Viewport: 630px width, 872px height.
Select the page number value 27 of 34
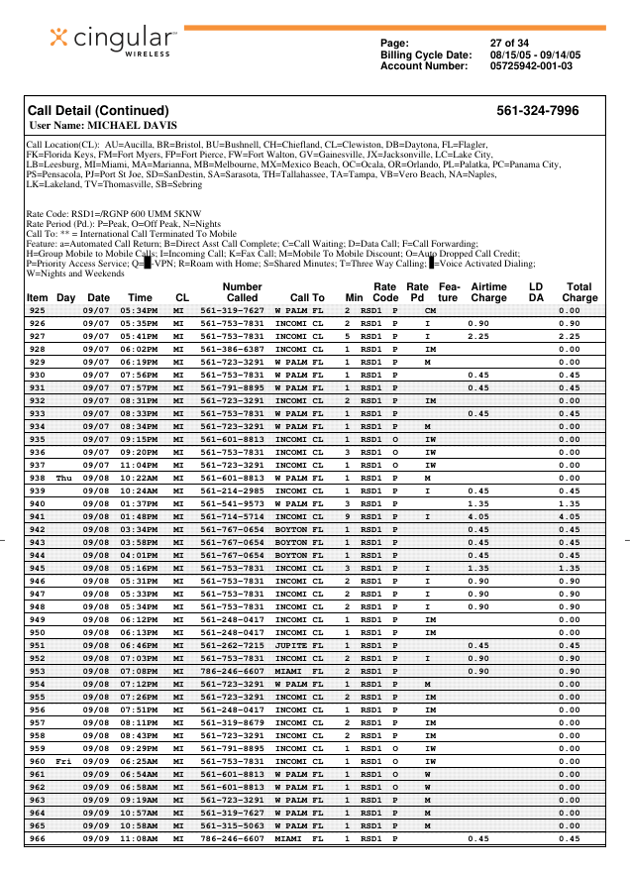click(511, 43)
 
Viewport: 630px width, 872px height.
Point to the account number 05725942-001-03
click(531, 65)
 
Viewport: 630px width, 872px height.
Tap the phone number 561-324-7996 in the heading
click(538, 111)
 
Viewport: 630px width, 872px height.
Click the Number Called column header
click(242, 291)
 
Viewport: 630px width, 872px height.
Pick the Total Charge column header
click(579, 291)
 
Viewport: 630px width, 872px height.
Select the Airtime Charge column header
click(488, 291)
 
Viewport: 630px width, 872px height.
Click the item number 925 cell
click(38, 310)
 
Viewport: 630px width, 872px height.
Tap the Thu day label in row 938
click(64, 478)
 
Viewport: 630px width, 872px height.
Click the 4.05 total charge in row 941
click(569, 516)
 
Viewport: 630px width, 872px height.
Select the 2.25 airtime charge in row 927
click(478, 336)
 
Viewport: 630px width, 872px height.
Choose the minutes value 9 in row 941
click(348, 516)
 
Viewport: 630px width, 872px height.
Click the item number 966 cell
click(38, 838)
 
